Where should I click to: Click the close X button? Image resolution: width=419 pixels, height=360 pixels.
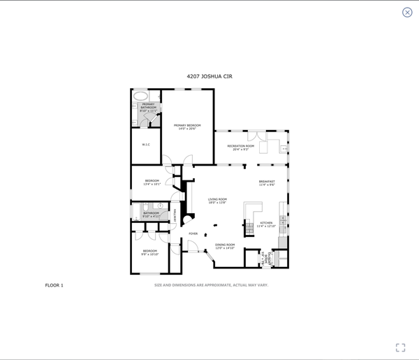[407, 12]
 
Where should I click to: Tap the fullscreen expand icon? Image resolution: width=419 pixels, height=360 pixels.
[400, 347]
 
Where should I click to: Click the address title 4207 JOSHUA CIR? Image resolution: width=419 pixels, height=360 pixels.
[209, 75]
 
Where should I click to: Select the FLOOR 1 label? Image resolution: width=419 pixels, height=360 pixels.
[54, 285]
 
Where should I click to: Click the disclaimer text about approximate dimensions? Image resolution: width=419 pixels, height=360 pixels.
[211, 285]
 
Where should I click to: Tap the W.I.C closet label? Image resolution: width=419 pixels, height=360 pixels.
[146, 145]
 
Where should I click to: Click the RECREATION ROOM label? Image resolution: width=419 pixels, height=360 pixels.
[240, 147]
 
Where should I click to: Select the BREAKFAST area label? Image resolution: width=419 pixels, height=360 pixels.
[267, 183]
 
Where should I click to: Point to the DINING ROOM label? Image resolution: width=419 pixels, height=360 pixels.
[224, 246]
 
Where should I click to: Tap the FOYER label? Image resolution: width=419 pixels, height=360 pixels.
[193, 233]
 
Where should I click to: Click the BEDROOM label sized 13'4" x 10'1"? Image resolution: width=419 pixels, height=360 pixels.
[152, 182]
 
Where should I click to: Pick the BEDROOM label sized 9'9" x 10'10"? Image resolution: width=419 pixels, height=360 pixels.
[150, 252]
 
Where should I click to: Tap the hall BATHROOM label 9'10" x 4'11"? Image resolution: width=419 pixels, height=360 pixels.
[152, 215]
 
